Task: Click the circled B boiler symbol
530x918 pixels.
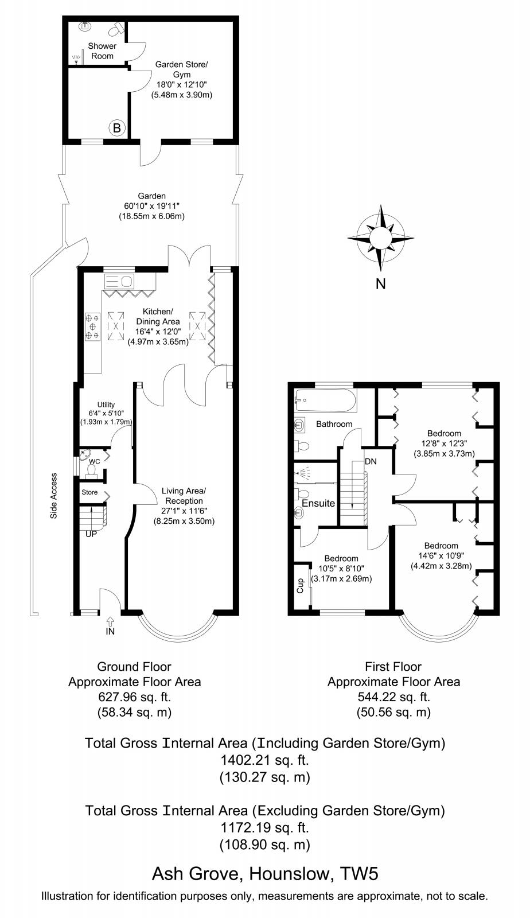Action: tap(116, 128)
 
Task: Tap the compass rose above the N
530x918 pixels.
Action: tap(380, 237)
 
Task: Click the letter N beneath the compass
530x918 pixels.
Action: tap(380, 283)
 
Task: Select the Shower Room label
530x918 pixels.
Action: tap(102, 51)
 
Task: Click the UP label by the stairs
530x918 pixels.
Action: tap(91, 534)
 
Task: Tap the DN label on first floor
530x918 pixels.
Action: tap(371, 461)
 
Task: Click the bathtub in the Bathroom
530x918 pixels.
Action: tap(325, 400)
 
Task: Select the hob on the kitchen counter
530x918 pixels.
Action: tap(92, 326)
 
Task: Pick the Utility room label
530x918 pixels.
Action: tap(106, 404)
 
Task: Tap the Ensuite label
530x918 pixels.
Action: tap(318, 503)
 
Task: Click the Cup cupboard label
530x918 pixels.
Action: tap(299, 586)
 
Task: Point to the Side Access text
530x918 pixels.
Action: tap(54, 496)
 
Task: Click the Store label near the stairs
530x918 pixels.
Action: tap(89, 492)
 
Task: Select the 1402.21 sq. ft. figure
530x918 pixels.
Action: tap(264, 760)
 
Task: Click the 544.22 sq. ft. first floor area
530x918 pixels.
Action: tap(393, 697)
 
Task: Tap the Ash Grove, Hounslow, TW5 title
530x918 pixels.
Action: tap(264, 874)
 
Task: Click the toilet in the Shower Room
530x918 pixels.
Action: tap(119, 28)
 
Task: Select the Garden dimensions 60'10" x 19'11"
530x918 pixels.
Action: tap(152, 206)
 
